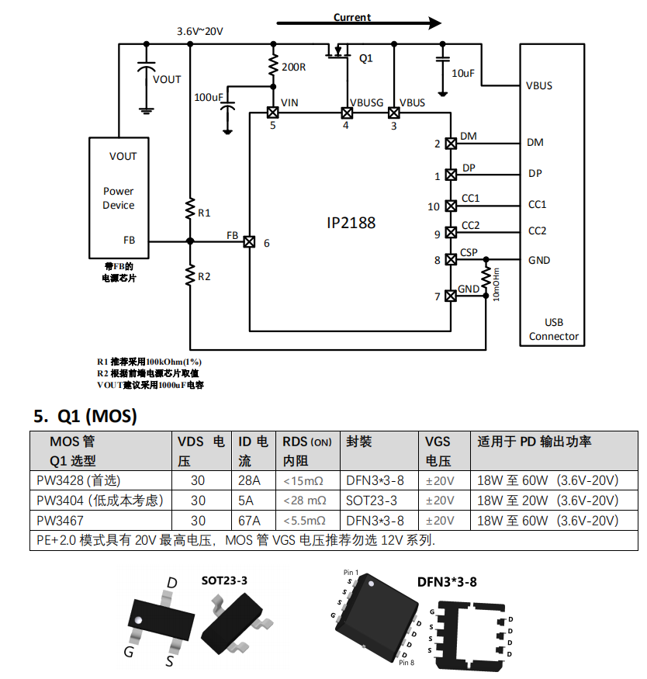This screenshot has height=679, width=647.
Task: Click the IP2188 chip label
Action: tap(351, 223)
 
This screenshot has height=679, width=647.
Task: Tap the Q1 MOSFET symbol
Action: tap(339, 55)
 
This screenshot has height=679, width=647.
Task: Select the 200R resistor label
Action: tap(293, 67)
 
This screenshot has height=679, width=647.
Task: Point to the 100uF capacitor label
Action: tap(209, 97)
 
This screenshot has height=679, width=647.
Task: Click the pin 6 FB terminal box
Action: tap(249, 241)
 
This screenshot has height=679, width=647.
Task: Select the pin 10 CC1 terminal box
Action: tap(450, 206)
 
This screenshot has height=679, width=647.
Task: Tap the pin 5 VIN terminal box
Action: tap(272, 113)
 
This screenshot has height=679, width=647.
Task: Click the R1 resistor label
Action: tap(204, 212)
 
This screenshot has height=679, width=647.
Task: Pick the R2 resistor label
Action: tap(204, 276)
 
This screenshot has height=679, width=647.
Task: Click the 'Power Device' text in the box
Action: tap(118, 198)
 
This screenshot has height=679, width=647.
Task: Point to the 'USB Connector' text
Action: tap(554, 329)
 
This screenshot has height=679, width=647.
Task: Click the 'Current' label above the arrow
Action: tap(352, 17)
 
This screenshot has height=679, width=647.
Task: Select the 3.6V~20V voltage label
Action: tap(200, 32)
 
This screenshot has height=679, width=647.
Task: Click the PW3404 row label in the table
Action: tap(100, 501)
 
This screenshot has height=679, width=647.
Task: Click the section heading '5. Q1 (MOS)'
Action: tap(85, 417)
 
